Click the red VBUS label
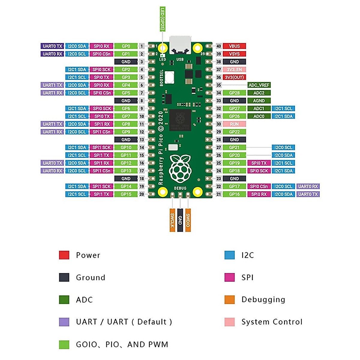coord(234,46)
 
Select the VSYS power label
coord(234,54)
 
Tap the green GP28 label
coord(234,93)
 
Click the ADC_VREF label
coord(259,85)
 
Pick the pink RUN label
coord(234,124)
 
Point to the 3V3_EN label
coord(234,70)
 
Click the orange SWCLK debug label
coord(172,220)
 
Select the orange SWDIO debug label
coord(188,220)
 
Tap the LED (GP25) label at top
coord(162,19)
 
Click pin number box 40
coord(219,46)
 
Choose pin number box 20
coord(142,194)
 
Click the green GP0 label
coord(126,46)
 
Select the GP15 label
coord(126,194)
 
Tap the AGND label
coord(259,101)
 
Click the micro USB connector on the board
coord(180,45)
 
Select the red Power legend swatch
coord(64,255)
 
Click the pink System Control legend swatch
coord(229,322)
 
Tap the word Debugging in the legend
coord(263,300)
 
